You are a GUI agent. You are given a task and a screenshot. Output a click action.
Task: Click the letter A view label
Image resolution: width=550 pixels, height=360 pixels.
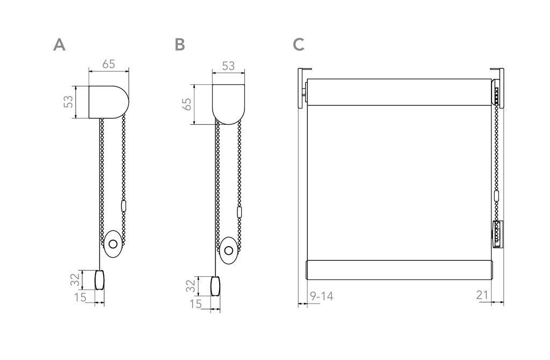pyautogui.click(x=59, y=45)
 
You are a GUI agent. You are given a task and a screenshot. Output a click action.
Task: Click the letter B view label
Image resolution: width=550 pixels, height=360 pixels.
pyautogui.click(x=179, y=45)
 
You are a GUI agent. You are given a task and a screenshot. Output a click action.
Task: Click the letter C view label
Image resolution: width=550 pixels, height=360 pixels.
pyautogui.click(x=299, y=45)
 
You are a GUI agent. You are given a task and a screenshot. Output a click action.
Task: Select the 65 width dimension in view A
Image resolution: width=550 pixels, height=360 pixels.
pyautogui.click(x=108, y=64)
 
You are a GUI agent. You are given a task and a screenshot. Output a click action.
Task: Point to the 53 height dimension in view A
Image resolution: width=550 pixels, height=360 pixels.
pyautogui.click(x=68, y=102)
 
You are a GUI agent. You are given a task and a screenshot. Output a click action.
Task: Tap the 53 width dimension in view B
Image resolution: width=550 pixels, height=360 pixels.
pyautogui.click(x=228, y=66)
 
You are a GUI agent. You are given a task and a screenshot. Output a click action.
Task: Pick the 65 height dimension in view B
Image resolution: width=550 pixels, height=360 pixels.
pyautogui.click(x=187, y=104)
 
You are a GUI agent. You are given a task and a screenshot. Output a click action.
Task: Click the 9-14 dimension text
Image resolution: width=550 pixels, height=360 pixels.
pyautogui.click(x=321, y=297)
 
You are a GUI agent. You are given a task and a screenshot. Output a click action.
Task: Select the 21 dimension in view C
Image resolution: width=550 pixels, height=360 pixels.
pyautogui.click(x=482, y=295)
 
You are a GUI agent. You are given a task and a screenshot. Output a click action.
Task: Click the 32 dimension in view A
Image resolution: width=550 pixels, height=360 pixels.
pyautogui.click(x=75, y=279)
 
